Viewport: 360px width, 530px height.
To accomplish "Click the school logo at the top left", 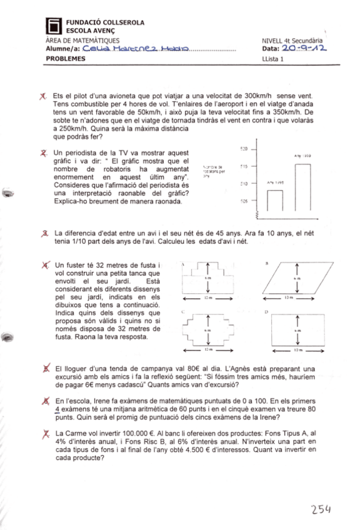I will [x=54, y=26].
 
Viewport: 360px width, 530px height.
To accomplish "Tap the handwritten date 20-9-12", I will [x=304, y=47].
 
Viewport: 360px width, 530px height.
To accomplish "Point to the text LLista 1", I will [x=273, y=59].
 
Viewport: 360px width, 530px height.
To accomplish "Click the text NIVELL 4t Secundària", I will [x=296, y=39].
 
